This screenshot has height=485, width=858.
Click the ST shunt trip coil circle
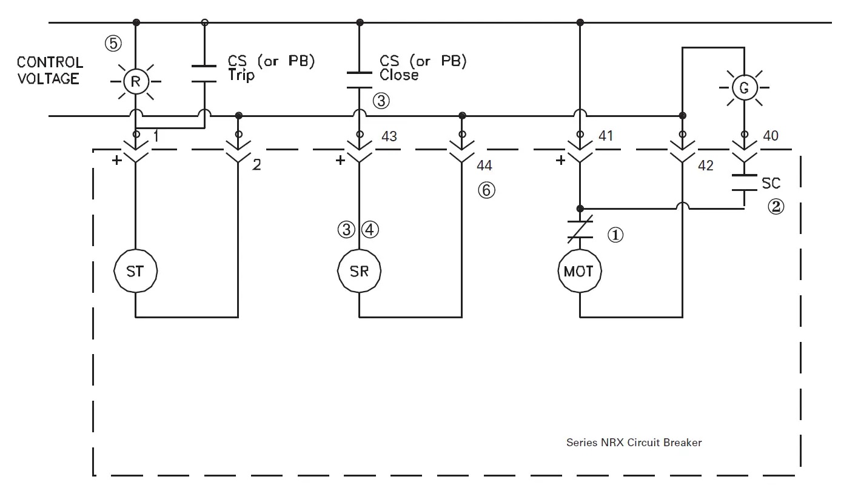point(135,271)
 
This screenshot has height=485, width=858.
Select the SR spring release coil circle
point(359,271)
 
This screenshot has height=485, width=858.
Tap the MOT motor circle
point(579,271)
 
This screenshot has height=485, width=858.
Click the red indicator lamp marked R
point(135,82)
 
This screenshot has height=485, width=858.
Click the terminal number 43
point(389,136)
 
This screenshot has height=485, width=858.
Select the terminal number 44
point(484,166)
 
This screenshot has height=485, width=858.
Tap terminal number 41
point(606,136)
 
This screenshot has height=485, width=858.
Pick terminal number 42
point(706,166)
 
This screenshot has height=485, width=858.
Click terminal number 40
point(770,136)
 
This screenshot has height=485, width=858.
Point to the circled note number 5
point(113,44)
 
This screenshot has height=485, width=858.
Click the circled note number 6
point(486,190)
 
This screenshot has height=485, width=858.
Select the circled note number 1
point(615,235)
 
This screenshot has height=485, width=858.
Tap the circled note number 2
point(776,207)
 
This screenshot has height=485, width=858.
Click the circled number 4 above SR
point(370,230)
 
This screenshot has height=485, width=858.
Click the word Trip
point(241,75)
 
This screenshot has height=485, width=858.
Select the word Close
point(398,75)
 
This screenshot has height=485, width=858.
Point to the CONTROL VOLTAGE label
point(50,70)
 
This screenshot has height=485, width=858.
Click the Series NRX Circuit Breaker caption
point(634,443)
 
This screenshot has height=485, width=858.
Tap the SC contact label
point(771,183)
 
